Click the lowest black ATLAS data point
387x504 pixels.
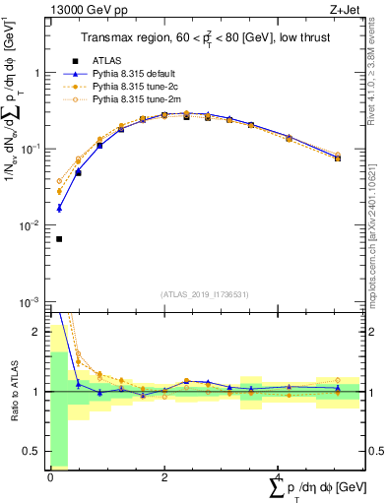click(59, 238)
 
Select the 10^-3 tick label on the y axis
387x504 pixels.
click(28, 302)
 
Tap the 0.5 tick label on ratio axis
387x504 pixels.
click(32, 452)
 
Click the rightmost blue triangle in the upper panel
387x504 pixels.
click(338, 157)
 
